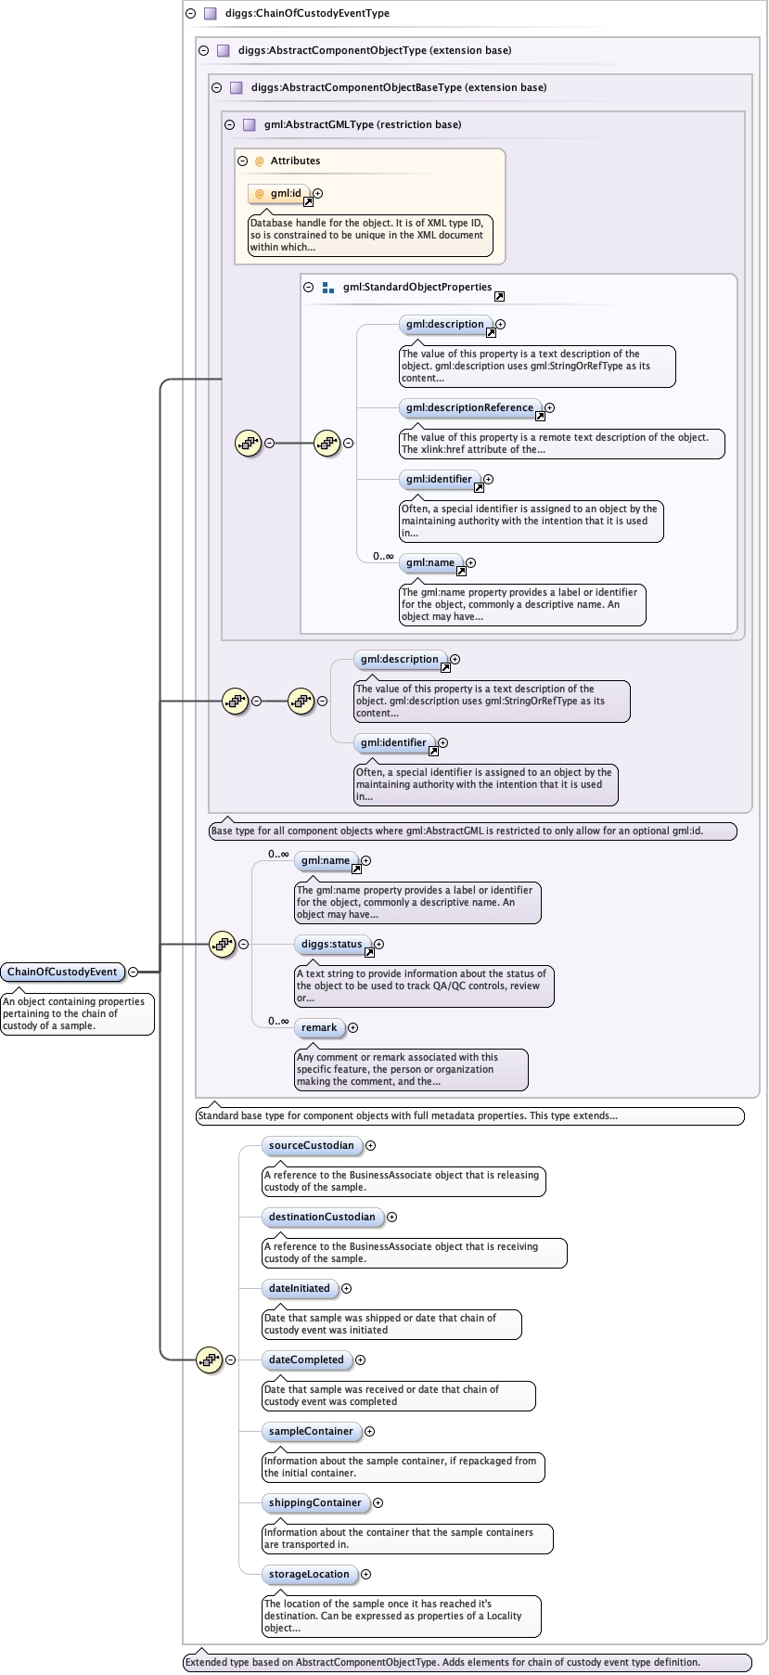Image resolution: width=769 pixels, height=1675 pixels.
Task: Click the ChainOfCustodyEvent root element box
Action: [62, 972]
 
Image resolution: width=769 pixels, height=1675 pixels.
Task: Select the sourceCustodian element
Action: [311, 1145]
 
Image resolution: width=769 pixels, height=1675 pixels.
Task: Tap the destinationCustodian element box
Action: [322, 1217]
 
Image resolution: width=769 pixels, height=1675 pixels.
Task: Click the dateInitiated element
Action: [299, 1288]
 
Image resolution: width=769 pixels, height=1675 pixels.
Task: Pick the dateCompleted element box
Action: [306, 1359]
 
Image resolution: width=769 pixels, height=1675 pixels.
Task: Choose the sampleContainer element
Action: [311, 1431]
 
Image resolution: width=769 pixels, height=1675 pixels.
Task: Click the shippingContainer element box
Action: [314, 1502]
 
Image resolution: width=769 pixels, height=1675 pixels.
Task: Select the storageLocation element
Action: [309, 1574]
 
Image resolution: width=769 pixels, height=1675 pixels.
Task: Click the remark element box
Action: [318, 1027]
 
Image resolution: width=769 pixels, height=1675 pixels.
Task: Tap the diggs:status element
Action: [331, 944]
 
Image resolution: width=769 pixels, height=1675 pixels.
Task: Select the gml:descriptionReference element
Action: [469, 407]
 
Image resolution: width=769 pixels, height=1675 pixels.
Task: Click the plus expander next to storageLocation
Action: [365, 1574]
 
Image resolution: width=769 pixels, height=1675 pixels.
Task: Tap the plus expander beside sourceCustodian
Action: [370, 1145]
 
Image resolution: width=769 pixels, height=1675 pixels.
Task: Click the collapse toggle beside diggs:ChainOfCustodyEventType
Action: [190, 13]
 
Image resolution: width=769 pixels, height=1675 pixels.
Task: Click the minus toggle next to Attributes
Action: [243, 161]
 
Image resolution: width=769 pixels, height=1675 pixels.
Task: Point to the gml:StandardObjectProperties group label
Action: [417, 287]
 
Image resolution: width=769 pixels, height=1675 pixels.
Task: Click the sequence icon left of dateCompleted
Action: [210, 1359]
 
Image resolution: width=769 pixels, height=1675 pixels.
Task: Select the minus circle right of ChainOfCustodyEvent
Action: [133, 972]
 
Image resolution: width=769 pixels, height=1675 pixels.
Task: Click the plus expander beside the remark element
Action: [352, 1027]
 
